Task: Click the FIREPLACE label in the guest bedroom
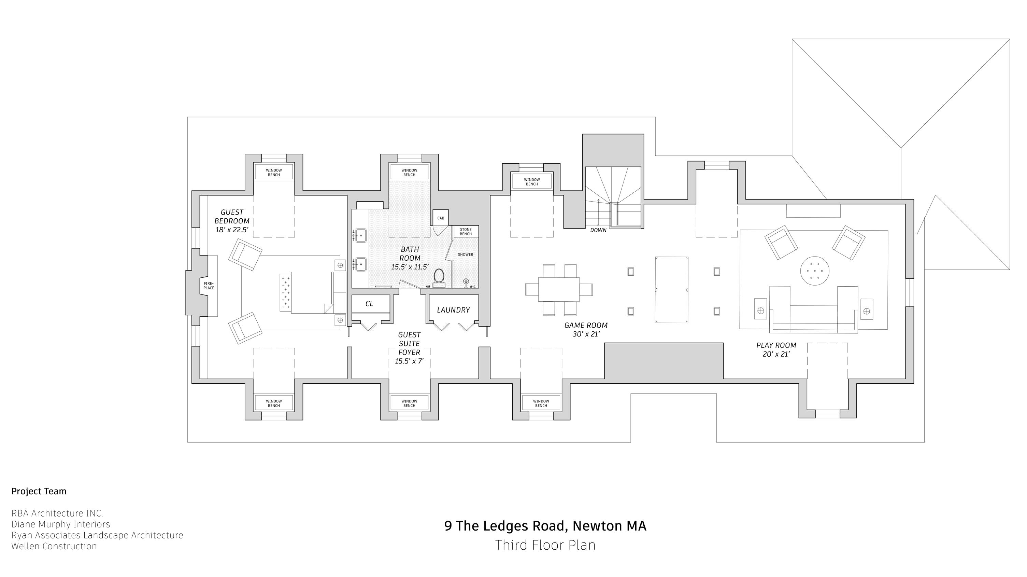click(209, 286)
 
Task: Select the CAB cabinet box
click(441, 218)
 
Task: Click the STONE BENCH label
click(466, 231)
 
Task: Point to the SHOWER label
click(465, 255)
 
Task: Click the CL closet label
click(369, 304)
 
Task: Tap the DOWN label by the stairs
click(598, 230)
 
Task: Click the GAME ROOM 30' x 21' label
click(586, 330)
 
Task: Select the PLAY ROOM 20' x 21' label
click(776, 349)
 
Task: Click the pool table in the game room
click(671, 290)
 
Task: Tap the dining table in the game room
click(558, 289)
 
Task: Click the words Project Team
click(39, 491)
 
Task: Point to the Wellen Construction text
click(54, 546)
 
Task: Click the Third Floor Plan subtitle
click(545, 545)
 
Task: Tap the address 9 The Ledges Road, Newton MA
click(545, 526)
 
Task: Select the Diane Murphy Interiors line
click(61, 524)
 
